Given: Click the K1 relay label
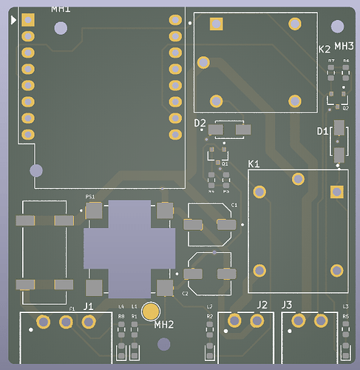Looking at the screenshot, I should tap(254, 163).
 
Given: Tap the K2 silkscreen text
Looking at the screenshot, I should tap(324, 49).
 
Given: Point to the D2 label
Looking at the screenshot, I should tap(200, 123).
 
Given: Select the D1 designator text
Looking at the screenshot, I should tap(322, 131).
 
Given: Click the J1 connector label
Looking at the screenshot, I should tap(88, 306).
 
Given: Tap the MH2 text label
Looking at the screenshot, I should tap(164, 324).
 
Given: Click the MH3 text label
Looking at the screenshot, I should tap(344, 46).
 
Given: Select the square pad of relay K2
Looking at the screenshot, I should tap(216, 24).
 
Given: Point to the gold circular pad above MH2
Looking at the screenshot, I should tap(151, 311).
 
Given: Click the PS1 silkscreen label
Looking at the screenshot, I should tap(90, 197).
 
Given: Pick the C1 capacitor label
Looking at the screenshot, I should tap(234, 204).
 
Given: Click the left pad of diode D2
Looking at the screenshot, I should tap(216, 130).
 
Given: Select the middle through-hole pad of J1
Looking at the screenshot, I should tap(66, 321).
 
